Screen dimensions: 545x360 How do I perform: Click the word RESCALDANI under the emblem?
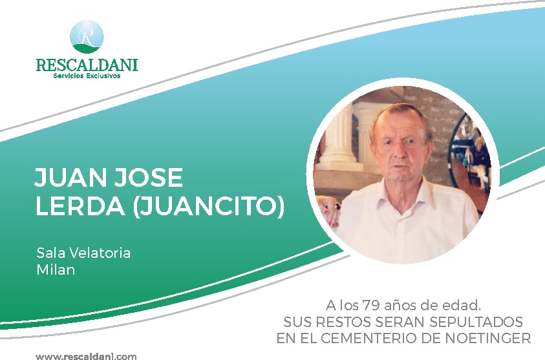coord(87,65)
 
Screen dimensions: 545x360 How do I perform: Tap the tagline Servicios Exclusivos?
coord(87,76)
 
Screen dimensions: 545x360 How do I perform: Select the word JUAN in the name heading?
coord(70,177)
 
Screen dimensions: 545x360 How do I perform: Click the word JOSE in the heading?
coord(149,177)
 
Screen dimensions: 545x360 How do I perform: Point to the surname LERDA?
coord(80,206)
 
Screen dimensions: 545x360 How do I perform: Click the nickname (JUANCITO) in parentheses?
coord(209,207)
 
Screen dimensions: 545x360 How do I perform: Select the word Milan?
coord(56,270)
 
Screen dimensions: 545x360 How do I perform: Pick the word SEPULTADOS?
coord(476,322)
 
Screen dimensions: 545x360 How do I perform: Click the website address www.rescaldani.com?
coord(86,357)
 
